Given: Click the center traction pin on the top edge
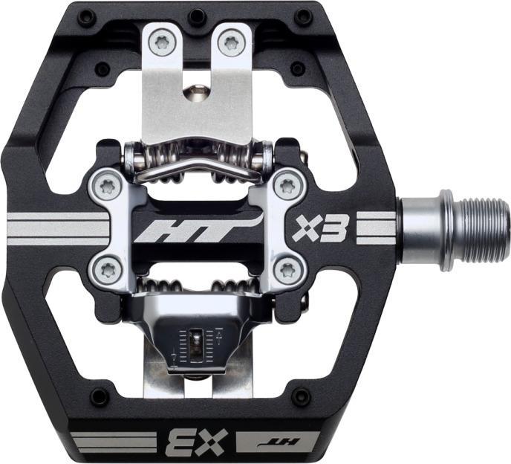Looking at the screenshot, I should click(197, 16).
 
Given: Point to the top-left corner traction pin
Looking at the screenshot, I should click(86, 16).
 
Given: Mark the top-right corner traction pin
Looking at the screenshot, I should click(304, 16).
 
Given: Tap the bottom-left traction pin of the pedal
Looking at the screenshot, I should click(99, 395).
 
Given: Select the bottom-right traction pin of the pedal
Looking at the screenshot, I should click(299, 395).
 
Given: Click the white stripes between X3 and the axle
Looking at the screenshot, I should click(376, 228).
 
